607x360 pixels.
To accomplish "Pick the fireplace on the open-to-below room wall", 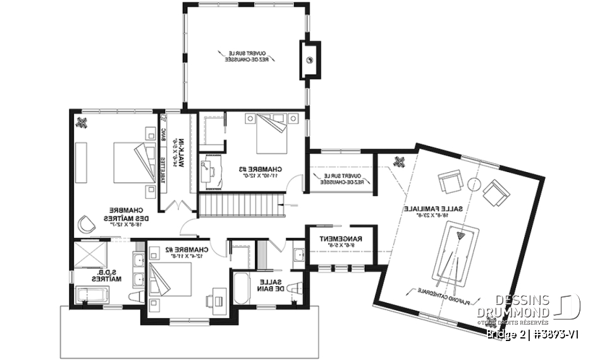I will [x=310, y=60].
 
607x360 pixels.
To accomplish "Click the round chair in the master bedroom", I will [x=85, y=223].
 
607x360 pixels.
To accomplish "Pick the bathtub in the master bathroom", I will [x=92, y=295].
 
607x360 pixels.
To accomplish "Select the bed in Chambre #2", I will [x=169, y=278].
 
